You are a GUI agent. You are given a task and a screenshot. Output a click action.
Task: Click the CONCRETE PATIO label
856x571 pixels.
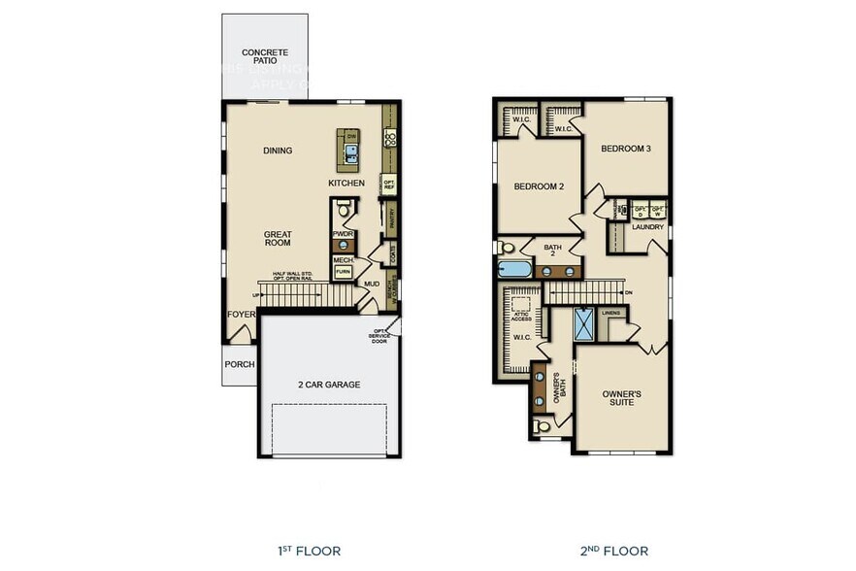point(264,55)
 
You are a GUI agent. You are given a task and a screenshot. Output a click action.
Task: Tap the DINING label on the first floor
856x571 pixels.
point(278,151)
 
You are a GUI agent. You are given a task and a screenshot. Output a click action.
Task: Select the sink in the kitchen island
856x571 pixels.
point(350,151)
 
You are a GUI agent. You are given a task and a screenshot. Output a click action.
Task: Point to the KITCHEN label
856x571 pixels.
point(346,183)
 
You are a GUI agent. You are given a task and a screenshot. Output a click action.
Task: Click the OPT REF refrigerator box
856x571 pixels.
point(388,184)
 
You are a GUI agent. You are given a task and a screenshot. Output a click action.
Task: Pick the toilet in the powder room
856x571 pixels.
point(342,210)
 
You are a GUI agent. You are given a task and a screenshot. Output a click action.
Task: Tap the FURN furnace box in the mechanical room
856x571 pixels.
point(343,273)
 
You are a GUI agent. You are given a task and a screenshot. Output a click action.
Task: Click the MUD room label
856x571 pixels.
point(372,284)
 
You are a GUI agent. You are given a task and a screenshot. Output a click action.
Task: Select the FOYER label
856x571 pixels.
point(241,314)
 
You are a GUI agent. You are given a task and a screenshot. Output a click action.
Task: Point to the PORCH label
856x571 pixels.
point(239,365)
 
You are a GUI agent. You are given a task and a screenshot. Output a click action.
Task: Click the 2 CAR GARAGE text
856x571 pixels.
point(328,385)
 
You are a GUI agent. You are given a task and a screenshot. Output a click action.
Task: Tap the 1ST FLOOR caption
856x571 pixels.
point(308,551)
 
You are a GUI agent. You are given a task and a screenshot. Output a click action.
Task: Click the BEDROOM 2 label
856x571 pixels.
point(539,186)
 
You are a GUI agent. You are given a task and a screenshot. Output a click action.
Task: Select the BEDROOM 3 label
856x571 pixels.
point(625,149)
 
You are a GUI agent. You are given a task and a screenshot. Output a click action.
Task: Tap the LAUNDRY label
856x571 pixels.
point(647,227)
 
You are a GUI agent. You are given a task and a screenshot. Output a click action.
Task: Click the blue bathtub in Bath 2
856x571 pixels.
point(513,270)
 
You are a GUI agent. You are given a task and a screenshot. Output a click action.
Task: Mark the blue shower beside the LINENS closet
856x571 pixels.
point(584,323)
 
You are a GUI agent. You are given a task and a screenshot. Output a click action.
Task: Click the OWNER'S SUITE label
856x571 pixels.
point(621,397)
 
